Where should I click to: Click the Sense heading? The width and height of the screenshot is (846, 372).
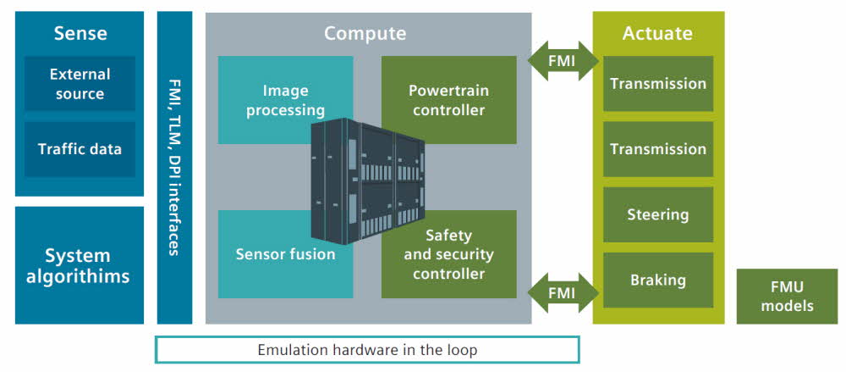pyautogui.click(x=80, y=34)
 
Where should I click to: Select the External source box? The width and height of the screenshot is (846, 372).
pyautogui.click(x=80, y=83)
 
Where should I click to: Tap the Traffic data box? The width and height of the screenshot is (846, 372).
pyautogui.click(x=80, y=149)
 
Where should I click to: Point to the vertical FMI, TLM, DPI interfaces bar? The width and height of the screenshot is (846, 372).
pyautogui.click(x=174, y=167)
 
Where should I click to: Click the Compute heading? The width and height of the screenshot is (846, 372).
pyautogui.click(x=365, y=34)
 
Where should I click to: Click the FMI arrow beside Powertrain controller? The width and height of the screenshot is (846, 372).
pyautogui.click(x=563, y=61)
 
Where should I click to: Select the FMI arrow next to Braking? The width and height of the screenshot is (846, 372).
pyautogui.click(x=563, y=293)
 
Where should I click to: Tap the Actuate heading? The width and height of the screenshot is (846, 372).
pyautogui.click(x=657, y=34)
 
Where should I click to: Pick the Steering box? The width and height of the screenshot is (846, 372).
pyautogui.click(x=657, y=214)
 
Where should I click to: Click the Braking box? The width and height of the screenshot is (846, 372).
pyautogui.click(x=657, y=280)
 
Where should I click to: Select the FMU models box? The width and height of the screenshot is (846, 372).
pyautogui.click(x=787, y=297)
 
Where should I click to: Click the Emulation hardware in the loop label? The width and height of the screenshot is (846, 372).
pyautogui.click(x=367, y=349)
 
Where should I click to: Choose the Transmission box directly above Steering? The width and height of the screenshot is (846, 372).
pyautogui.click(x=657, y=149)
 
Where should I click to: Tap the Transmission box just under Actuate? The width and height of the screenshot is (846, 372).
pyautogui.click(x=657, y=84)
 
